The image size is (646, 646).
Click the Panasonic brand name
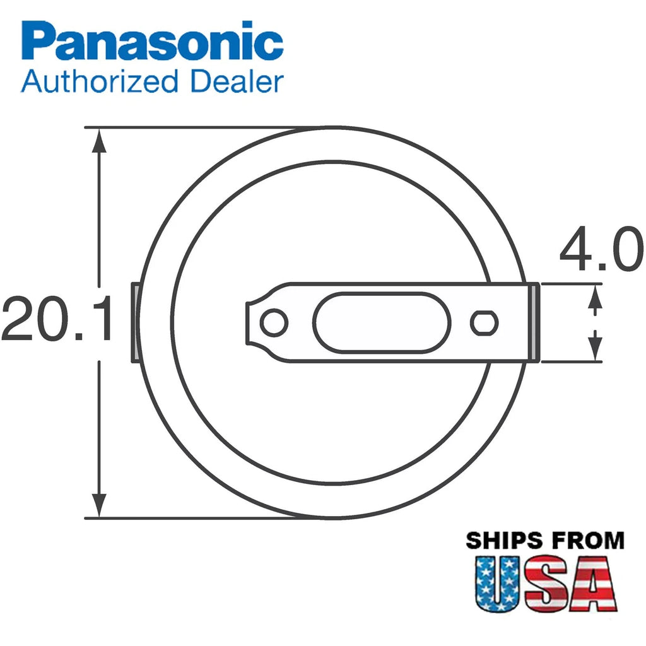(152, 40)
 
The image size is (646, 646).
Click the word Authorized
(99, 81)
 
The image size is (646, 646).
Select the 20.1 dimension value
(57, 318)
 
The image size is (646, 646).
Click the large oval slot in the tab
(382, 322)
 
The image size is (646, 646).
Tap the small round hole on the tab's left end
(274, 322)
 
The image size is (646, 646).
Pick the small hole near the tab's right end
(484, 322)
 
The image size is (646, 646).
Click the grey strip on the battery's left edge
(135, 322)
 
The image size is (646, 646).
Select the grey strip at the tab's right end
(534, 322)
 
